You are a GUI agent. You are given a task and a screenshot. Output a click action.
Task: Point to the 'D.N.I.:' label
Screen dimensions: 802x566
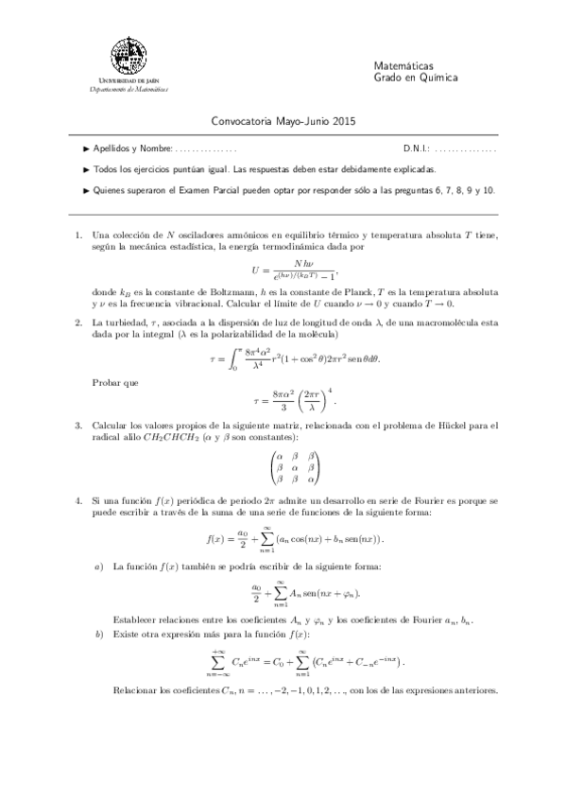(x=416, y=149)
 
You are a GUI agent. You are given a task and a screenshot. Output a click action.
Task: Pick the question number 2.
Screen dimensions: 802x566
(x=77, y=323)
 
